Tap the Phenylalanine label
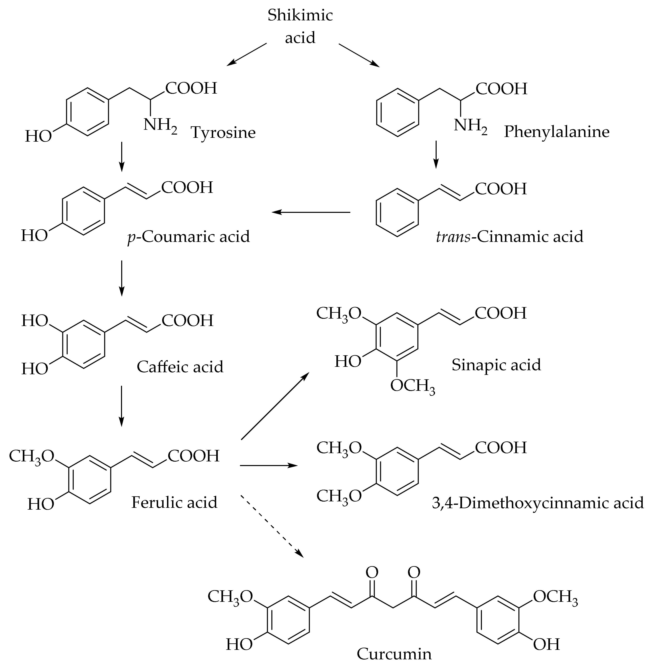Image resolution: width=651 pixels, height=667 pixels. point(556,132)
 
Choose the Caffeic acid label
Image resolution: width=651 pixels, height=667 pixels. point(180,367)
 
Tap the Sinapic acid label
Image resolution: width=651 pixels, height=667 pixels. point(496,365)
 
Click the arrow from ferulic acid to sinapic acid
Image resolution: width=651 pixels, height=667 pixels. point(274,406)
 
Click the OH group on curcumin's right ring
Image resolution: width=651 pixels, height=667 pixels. point(546,644)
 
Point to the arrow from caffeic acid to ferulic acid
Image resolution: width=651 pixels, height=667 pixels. point(121,406)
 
